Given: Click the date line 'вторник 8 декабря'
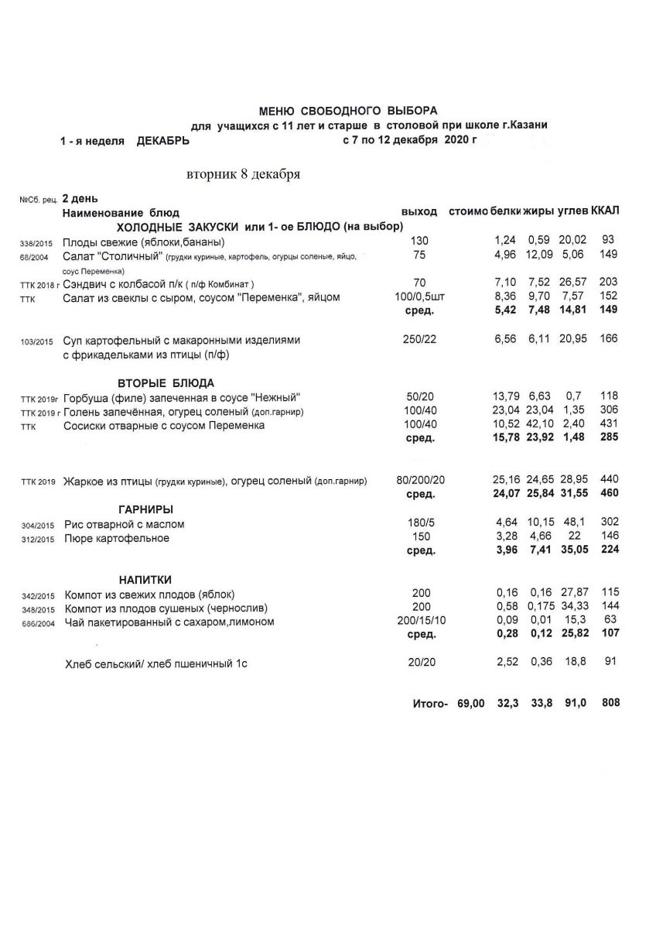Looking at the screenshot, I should (243, 174).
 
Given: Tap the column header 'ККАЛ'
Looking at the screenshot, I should (605, 211).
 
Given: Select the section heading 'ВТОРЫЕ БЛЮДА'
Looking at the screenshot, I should (166, 383).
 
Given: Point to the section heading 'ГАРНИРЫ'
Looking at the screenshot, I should (145, 509).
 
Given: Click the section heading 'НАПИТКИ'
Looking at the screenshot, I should (145, 580).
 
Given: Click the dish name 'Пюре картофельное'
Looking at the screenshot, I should (116, 538).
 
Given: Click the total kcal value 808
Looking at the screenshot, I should (610, 703).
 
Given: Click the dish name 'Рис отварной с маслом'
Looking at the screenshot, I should (124, 525).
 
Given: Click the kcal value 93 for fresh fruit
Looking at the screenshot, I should (607, 242).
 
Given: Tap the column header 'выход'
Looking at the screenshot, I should (419, 211).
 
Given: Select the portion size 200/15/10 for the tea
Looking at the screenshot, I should (420, 622).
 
